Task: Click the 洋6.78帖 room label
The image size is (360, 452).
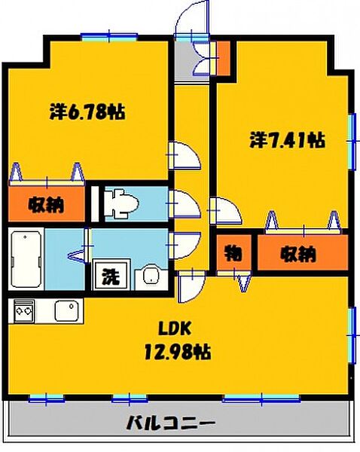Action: [87, 111]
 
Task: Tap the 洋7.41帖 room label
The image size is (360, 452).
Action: [287, 140]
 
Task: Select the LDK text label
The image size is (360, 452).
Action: [175, 329]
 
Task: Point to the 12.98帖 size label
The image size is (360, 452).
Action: [177, 352]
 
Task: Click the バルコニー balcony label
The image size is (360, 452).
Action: [171, 423]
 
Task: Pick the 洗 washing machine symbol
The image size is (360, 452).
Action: [111, 276]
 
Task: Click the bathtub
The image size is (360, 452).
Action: [26, 259]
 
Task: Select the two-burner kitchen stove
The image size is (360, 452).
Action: [23, 310]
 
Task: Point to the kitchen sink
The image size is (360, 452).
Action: [66, 310]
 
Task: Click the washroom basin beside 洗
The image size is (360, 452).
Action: [151, 276]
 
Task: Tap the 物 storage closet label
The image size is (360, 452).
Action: [233, 253]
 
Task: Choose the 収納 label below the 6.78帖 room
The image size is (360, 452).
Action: [46, 205]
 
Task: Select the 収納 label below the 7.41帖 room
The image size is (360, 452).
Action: [298, 254]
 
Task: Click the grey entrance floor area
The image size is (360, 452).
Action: [185, 61]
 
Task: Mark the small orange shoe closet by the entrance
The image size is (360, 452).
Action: [223, 59]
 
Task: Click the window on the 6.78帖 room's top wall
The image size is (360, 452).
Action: [109, 37]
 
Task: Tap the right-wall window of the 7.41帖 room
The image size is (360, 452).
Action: [352, 142]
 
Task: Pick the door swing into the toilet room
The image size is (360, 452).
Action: [185, 204]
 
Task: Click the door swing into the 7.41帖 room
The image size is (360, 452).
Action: [226, 211]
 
